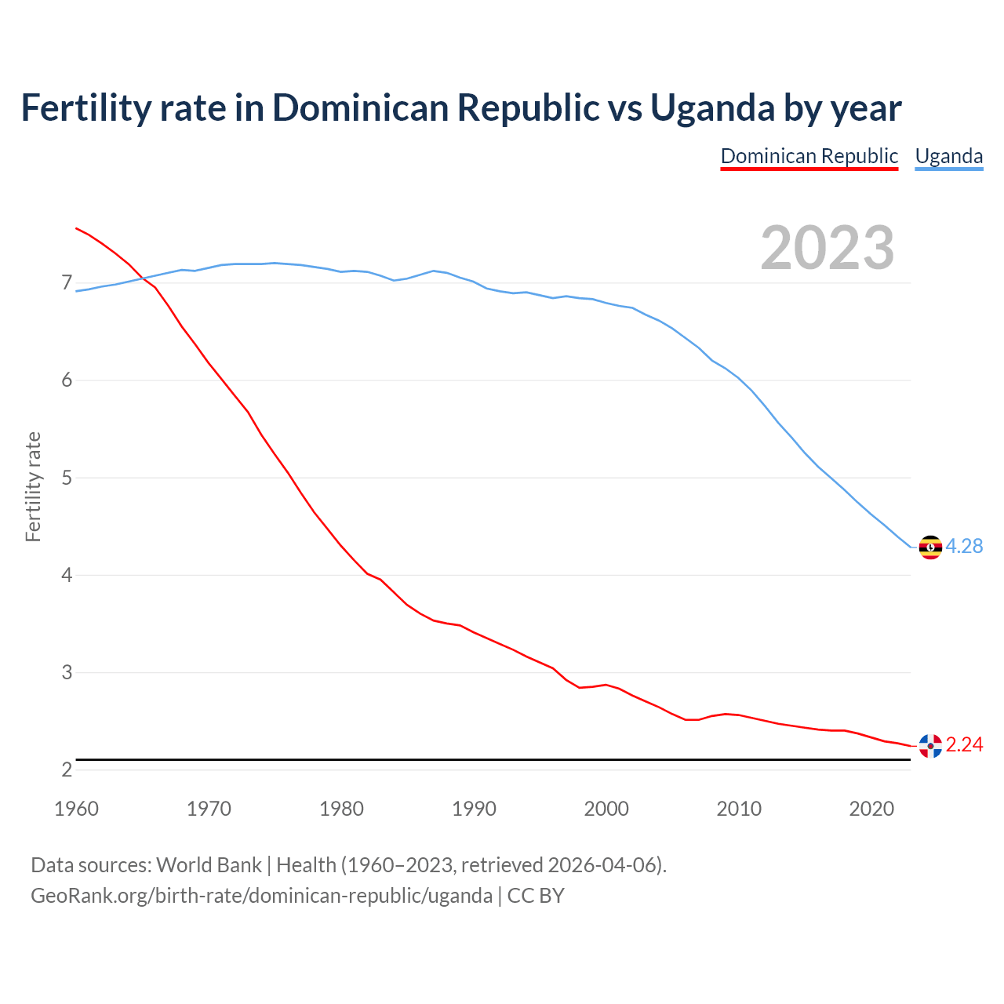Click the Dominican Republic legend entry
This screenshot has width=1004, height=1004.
pyautogui.click(x=809, y=156)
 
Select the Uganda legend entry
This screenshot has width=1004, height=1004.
pyautogui.click(x=948, y=156)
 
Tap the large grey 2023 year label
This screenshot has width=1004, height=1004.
pyautogui.click(x=828, y=248)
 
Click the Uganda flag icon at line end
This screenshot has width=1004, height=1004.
pyautogui.click(x=929, y=547)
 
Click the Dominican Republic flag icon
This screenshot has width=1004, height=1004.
pyautogui.click(x=929, y=745)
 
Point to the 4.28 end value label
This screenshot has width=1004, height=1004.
pyautogui.click(x=964, y=547)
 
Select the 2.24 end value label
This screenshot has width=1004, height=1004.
pyautogui.click(x=964, y=745)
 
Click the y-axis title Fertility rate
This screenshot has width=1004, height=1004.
pyautogui.click(x=33, y=486)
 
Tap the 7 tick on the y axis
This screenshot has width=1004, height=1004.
pyautogui.click(x=67, y=283)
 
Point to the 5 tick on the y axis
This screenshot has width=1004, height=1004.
pyautogui.click(x=67, y=478)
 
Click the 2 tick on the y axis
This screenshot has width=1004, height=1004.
pyautogui.click(x=67, y=770)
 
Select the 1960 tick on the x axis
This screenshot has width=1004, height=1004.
pyautogui.click(x=76, y=809)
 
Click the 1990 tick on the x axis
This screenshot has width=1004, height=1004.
pyautogui.click(x=474, y=809)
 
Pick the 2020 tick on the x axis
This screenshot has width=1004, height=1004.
pyautogui.click(x=871, y=809)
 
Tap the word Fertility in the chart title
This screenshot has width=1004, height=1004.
pyautogui.click(x=85, y=108)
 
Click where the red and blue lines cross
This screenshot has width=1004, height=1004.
pyautogui.click(x=142, y=278)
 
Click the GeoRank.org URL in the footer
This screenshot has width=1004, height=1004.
pyautogui.click(x=261, y=896)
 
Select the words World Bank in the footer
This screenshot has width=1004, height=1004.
pyautogui.click(x=209, y=865)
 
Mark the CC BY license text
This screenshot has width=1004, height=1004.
pyautogui.click(x=536, y=896)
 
